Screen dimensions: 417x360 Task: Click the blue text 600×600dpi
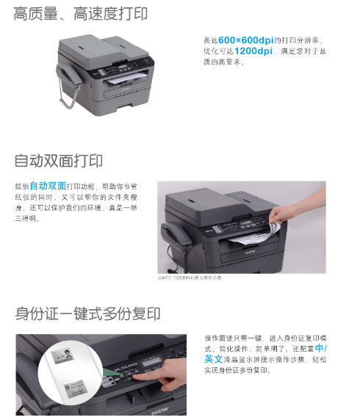click(x=245, y=39)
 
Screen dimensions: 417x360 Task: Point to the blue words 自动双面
click(x=48, y=186)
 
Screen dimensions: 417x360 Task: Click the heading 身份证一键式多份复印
click(x=87, y=314)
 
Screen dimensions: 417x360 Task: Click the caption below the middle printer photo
click(x=190, y=278)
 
